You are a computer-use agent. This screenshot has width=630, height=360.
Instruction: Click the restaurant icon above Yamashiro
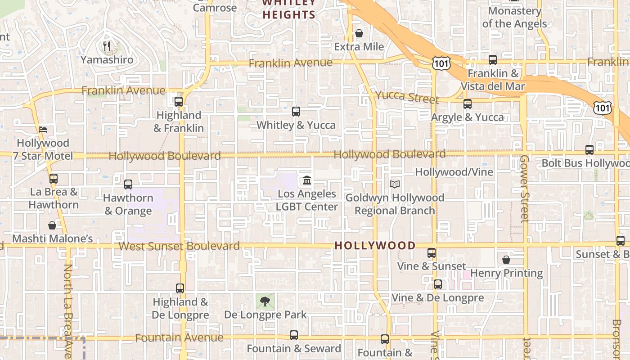[x=107, y=46]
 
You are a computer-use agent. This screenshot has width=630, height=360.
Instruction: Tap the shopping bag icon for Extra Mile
[x=359, y=33]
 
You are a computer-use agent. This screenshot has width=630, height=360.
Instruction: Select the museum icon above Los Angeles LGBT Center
[x=307, y=180]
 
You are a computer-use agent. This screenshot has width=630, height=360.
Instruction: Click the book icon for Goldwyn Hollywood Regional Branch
[x=395, y=184]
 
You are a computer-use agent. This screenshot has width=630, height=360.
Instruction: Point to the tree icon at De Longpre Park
[x=265, y=301]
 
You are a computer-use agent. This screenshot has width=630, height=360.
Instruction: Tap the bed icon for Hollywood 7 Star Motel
[x=43, y=130]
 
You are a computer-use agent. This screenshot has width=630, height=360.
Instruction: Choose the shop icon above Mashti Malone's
[x=52, y=225]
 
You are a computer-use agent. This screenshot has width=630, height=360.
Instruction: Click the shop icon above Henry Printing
[x=506, y=260]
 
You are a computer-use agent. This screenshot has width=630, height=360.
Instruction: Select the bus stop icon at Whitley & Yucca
[x=296, y=112]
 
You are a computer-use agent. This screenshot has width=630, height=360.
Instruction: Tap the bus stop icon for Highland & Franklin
[x=179, y=102]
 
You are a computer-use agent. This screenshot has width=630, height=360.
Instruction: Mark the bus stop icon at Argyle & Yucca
[x=468, y=104]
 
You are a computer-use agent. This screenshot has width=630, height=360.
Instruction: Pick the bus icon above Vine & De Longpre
[x=437, y=284]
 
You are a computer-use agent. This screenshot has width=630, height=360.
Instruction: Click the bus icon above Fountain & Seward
[x=294, y=335]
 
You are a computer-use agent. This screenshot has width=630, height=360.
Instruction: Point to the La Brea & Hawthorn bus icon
[x=54, y=179]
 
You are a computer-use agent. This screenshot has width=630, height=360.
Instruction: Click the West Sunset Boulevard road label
[x=179, y=246]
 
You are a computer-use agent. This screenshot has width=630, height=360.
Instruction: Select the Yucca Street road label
[x=407, y=97]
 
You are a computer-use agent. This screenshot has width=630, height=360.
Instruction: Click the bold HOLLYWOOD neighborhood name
[x=375, y=246]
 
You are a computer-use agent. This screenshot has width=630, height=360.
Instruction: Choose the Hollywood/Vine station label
[x=454, y=172]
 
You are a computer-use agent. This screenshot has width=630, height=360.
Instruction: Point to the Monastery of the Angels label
[x=514, y=17]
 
